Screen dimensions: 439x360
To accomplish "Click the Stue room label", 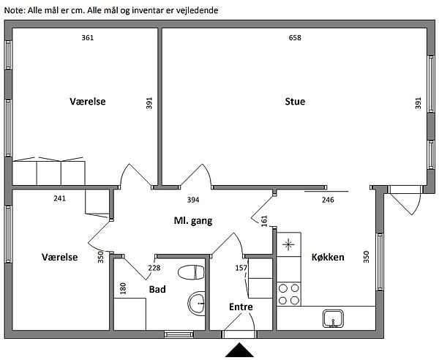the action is (x=295, y=101).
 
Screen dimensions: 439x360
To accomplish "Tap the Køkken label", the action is (x=328, y=257).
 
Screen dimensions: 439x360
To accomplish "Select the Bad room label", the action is (x=157, y=289).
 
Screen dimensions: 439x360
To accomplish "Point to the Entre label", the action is (x=241, y=307).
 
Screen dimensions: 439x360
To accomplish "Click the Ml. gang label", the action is (x=193, y=221).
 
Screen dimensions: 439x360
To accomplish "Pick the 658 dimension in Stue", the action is (x=295, y=37).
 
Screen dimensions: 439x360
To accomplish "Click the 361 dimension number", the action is (x=87, y=37).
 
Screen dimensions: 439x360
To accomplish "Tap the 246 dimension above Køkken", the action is (x=328, y=200).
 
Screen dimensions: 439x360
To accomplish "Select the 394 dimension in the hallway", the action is (x=193, y=200).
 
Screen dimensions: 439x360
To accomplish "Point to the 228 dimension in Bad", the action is (x=154, y=268).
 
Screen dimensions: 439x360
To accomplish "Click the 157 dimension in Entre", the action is (x=241, y=268).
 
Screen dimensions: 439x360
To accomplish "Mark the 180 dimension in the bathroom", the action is (x=123, y=288).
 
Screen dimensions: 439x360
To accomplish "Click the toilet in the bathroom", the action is (x=191, y=272).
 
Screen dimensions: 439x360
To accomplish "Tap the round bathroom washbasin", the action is (x=196, y=304).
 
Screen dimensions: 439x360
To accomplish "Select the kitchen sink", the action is (x=333, y=318).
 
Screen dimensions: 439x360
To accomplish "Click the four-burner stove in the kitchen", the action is (x=289, y=294).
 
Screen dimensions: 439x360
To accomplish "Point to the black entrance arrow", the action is (x=239, y=350).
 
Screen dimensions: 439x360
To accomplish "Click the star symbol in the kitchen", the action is (x=288, y=245).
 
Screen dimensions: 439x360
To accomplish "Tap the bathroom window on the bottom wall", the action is (x=179, y=334).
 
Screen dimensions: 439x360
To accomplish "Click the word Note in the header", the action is (x=14, y=10).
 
